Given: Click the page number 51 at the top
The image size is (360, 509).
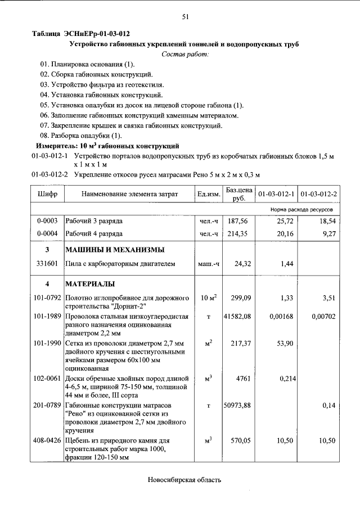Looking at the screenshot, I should pos(185,17).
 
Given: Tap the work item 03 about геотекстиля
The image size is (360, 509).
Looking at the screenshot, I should pos(101,84).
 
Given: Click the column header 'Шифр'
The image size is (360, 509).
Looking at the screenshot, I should pos(48,194).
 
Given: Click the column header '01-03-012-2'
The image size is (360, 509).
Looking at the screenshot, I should pos(319,194).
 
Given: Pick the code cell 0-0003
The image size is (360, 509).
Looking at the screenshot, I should pos(47,221).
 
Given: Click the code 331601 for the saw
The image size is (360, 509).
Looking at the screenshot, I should pos(47,263).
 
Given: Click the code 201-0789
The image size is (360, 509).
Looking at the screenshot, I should pos(47,406).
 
